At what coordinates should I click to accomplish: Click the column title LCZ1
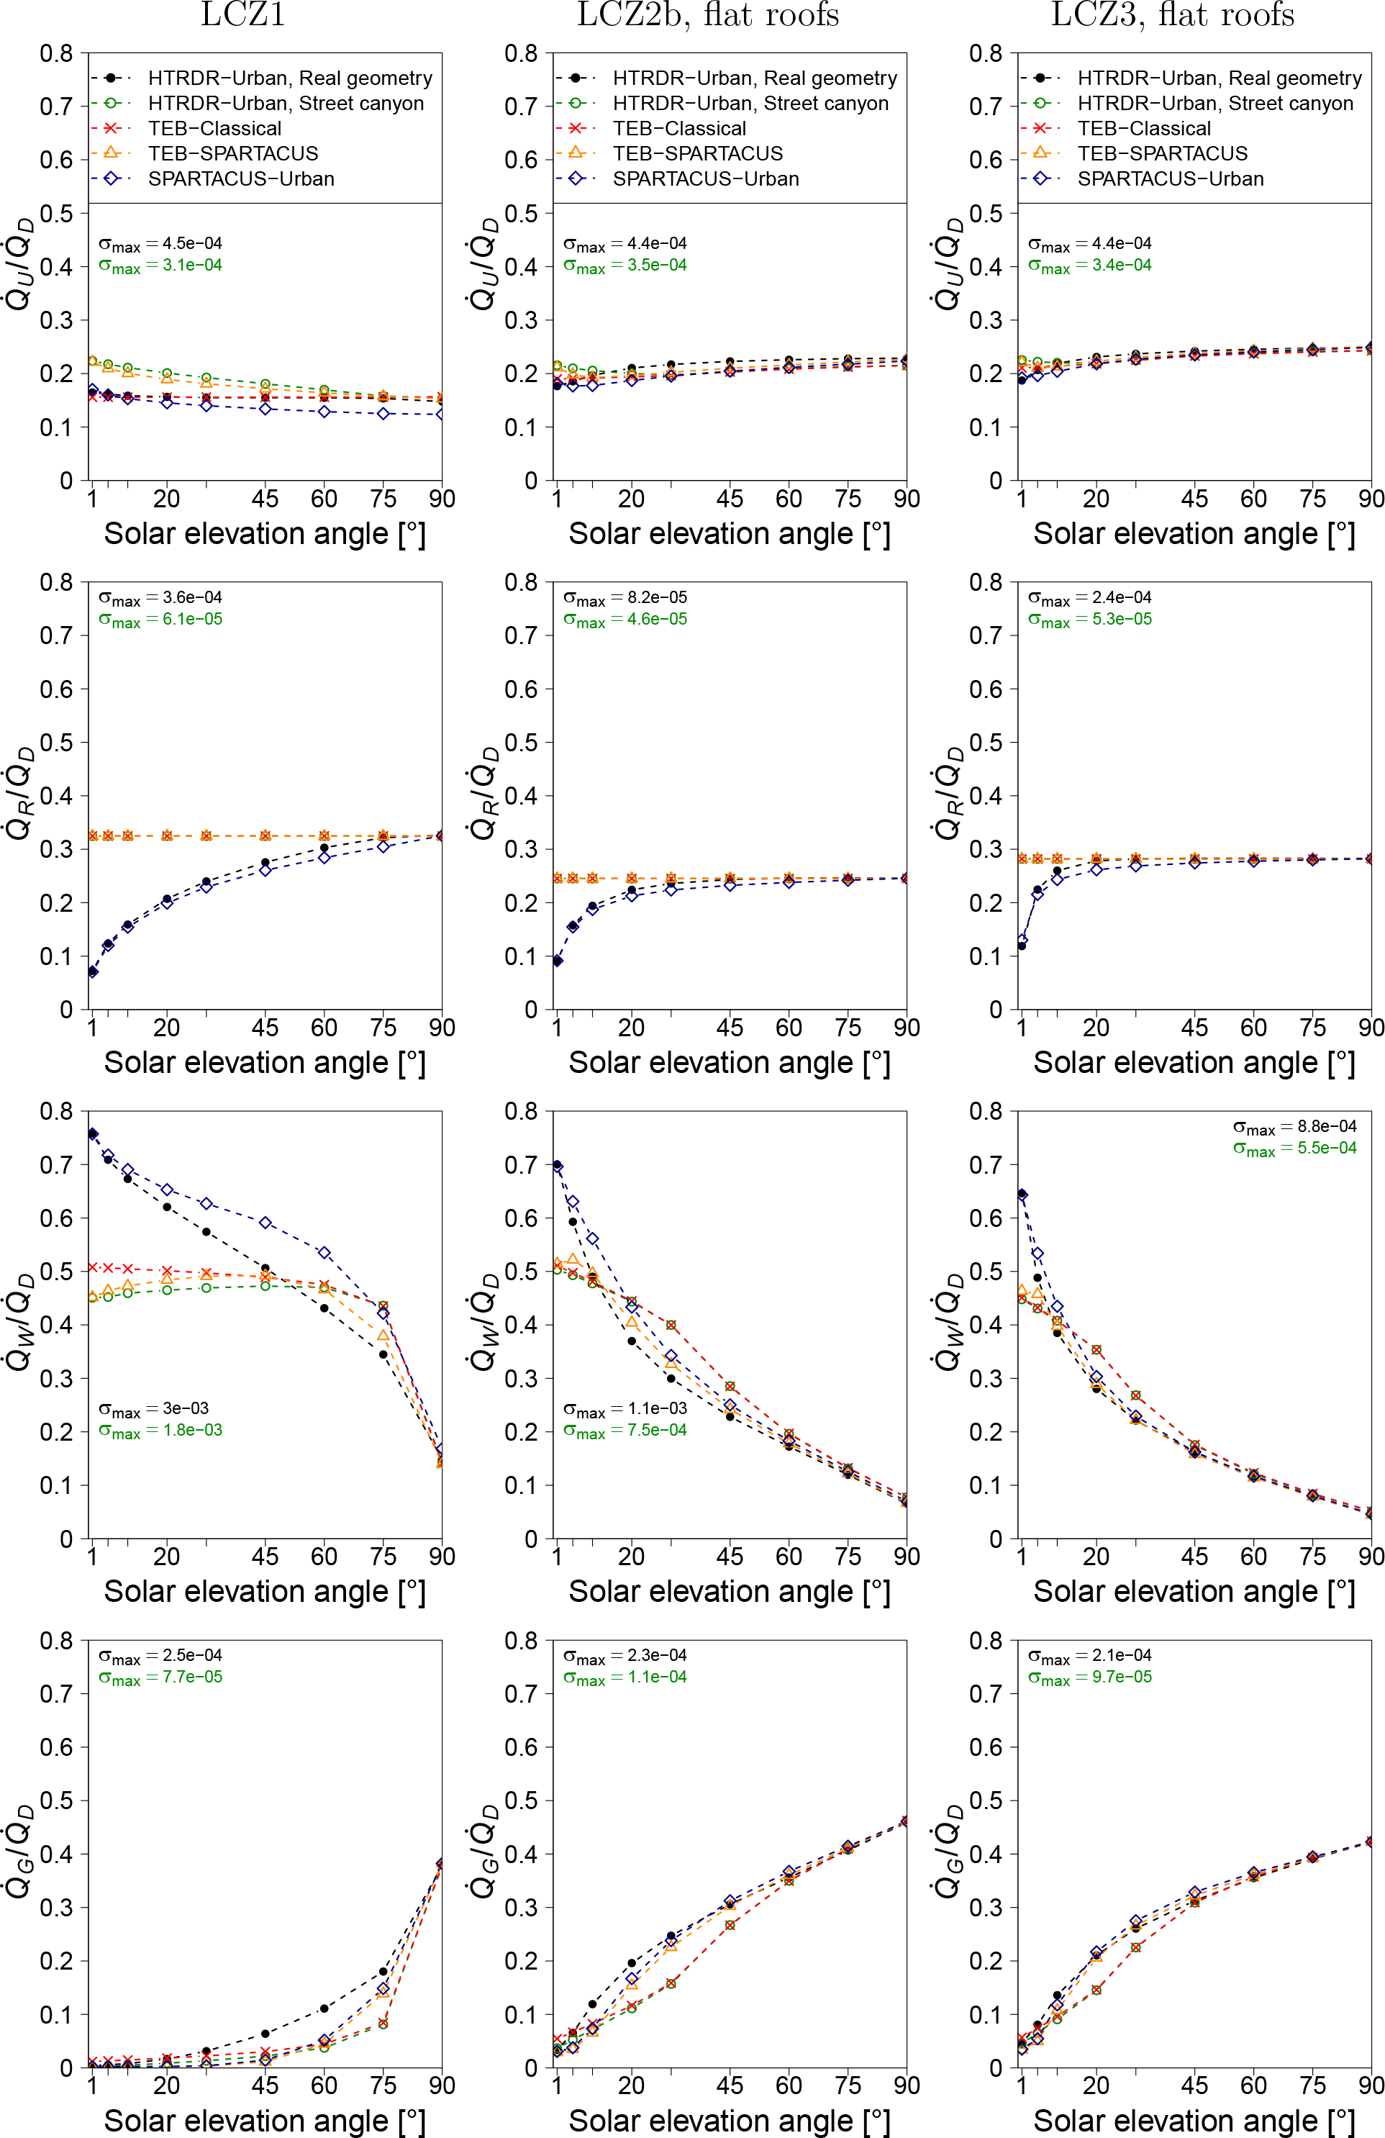point(242,15)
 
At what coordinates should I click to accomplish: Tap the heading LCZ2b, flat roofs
point(708,15)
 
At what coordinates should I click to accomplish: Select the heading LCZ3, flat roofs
point(1172,15)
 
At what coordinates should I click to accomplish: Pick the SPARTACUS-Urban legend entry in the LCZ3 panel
point(1171,178)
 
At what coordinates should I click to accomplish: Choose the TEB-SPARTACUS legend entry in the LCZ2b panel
point(698,153)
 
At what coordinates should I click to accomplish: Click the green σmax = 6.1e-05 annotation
point(160,619)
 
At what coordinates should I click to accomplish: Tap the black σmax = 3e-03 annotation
point(153,1408)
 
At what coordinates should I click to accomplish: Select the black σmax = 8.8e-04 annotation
point(1294,1126)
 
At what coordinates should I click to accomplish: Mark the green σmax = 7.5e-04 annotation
point(625,1430)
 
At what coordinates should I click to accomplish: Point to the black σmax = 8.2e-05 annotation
point(625,597)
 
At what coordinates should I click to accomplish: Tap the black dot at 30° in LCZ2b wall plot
point(671,1378)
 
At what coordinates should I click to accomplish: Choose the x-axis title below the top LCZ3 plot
point(1194,534)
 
